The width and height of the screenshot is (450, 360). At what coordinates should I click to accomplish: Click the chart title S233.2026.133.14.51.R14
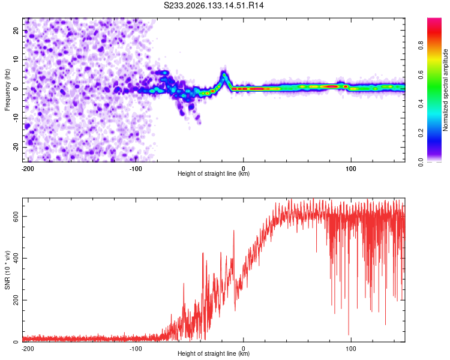214,5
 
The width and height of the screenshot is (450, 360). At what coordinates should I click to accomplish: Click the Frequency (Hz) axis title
7,90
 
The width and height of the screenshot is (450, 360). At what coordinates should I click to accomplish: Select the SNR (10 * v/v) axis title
7,270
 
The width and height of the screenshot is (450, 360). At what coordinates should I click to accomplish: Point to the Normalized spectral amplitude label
445,90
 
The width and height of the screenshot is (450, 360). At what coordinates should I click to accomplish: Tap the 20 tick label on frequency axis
16,30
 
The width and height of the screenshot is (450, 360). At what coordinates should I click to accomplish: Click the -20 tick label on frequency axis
16,147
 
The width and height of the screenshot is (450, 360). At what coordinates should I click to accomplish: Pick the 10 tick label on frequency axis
16,59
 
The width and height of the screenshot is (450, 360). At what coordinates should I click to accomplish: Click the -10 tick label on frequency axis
16,118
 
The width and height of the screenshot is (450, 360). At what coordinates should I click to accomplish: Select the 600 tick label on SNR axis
16,216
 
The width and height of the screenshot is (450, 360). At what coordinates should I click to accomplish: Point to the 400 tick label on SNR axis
16,258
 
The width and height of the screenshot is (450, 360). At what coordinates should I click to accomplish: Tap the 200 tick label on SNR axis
16,300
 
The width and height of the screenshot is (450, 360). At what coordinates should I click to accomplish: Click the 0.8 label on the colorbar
421,46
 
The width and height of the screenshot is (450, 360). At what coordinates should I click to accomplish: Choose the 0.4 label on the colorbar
421,104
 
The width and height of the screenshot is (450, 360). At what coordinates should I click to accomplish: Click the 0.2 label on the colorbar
421,133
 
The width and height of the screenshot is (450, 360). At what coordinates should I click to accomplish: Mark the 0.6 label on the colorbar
421,74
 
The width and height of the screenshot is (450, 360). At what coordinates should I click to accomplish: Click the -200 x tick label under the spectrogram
28,169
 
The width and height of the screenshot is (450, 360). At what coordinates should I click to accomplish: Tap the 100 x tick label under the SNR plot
351,349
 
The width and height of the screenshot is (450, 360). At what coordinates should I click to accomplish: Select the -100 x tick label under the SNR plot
136,349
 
